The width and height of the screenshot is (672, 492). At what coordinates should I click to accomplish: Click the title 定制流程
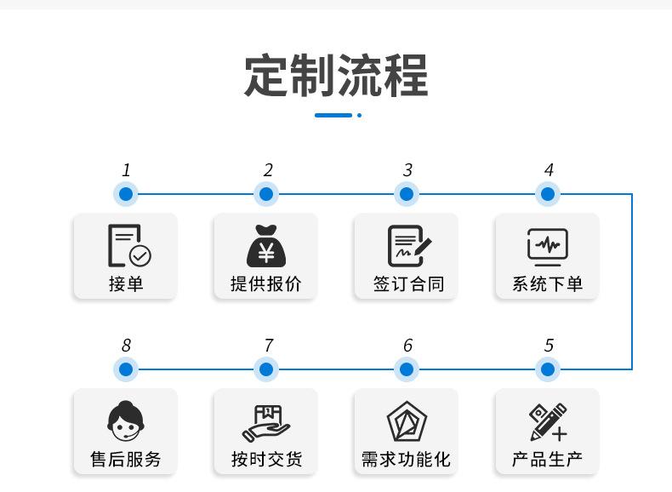[336, 76]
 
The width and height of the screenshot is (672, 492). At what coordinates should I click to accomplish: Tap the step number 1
[126, 170]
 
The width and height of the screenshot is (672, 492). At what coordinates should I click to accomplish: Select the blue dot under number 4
[548, 194]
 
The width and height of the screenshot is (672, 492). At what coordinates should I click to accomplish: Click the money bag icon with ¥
[265, 245]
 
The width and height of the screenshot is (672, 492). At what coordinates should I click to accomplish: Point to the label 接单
[126, 284]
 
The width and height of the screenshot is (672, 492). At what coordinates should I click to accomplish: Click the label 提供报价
[265, 284]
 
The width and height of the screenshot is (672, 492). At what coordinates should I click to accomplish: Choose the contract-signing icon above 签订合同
[407, 246]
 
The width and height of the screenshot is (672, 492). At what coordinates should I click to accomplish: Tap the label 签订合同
[407, 284]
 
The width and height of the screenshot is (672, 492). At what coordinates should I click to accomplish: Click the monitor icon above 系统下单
[548, 246]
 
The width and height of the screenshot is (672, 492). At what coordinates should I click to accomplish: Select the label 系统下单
[548, 284]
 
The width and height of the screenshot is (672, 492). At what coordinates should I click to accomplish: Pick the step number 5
[549, 346]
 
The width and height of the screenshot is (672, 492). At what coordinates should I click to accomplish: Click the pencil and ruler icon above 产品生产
[548, 421]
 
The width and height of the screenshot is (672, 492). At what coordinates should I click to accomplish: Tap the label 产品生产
[548, 460]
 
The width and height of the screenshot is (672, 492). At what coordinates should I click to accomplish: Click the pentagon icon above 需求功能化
[407, 421]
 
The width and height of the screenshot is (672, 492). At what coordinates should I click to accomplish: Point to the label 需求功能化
[407, 460]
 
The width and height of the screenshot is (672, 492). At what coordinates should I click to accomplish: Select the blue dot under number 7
[266, 369]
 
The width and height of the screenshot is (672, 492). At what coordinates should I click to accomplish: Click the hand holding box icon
[265, 421]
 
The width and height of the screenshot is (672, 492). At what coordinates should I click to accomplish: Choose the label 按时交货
[265, 460]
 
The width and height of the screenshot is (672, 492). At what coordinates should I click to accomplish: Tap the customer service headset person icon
[126, 421]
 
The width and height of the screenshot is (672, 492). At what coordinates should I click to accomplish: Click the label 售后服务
[126, 460]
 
